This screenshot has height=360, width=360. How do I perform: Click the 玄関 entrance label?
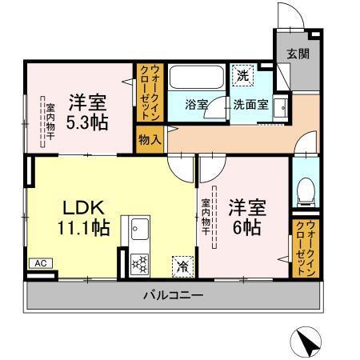coord(298,54)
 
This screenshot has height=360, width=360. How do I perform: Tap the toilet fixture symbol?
coord(304,191)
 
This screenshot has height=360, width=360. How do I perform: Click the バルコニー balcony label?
coord(174,295)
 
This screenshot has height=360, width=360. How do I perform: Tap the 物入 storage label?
coord(150,139)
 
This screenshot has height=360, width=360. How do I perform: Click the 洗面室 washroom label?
coord(250,105)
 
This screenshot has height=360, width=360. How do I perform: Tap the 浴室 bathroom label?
coord(197,105)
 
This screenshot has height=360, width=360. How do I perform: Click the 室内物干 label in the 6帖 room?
coord(205,216)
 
